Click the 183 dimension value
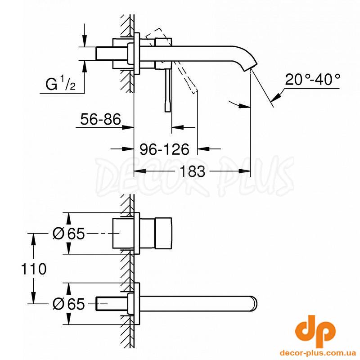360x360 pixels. (x=192, y=171)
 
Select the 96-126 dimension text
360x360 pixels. (x=165, y=149)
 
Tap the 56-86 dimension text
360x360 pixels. (x=100, y=119)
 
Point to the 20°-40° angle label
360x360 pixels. (x=312, y=80)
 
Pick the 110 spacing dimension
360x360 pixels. (x=33, y=269)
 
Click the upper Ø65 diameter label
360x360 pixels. (x=69, y=234)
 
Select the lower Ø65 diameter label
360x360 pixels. (x=69, y=304)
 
